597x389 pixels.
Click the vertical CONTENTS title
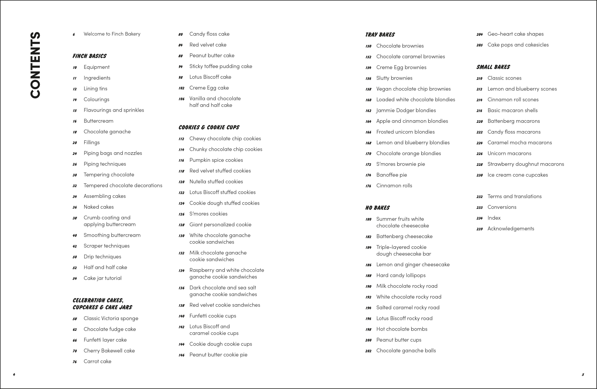click(x=35, y=65)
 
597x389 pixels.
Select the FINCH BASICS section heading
click(x=90, y=56)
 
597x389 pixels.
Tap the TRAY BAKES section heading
click(x=380, y=35)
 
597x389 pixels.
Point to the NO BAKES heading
click(x=377, y=208)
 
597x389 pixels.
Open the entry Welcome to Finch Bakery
click(x=112, y=34)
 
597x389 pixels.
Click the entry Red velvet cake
click(x=208, y=45)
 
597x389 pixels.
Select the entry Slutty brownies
click(x=394, y=78)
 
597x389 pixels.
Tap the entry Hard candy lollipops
click(x=401, y=275)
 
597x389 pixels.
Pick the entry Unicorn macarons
click(x=509, y=153)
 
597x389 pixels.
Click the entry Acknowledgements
click(x=511, y=229)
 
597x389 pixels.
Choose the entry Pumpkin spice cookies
click(x=216, y=160)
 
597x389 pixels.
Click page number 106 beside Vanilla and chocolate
click(x=181, y=99)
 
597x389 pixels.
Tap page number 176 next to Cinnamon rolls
click(x=368, y=186)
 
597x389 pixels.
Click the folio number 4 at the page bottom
click(x=14, y=375)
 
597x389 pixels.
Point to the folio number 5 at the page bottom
click(x=583, y=375)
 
